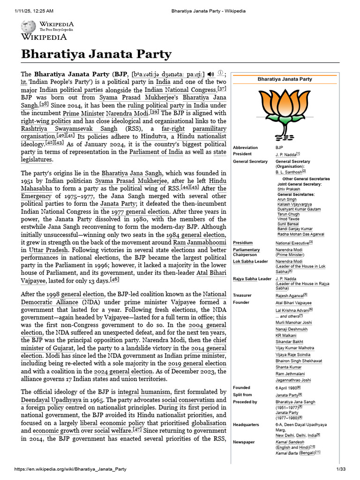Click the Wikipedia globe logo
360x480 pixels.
point(27,27)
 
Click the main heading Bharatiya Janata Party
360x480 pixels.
point(96,54)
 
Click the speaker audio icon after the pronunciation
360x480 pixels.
point(210,74)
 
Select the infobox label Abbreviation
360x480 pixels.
point(245,148)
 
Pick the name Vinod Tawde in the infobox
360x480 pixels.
point(288,219)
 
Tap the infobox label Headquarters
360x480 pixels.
point(246,425)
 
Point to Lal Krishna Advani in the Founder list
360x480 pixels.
point(292,310)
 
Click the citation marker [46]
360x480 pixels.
point(114,280)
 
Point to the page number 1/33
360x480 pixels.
point(340,469)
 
